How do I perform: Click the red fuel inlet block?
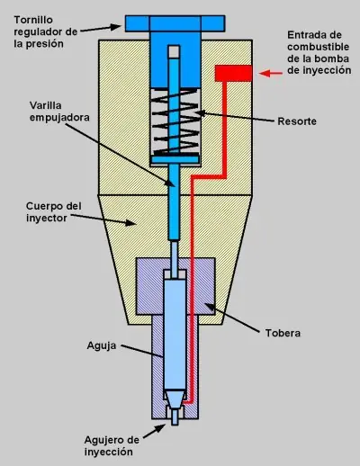[x=233, y=74]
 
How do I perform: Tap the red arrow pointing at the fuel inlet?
[x=271, y=74]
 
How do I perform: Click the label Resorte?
[x=297, y=121]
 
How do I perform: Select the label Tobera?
[x=283, y=333]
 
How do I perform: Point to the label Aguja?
[x=102, y=345]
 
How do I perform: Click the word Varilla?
[x=46, y=105]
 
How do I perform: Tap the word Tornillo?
[x=33, y=20]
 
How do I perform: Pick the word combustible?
[x=319, y=47]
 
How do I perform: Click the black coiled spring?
[x=175, y=122]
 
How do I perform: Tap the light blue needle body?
[x=175, y=335]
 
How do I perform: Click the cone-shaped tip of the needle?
[x=175, y=399]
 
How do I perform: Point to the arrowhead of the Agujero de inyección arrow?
[x=160, y=428]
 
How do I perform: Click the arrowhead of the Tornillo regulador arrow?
[x=115, y=27]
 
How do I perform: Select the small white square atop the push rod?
[x=174, y=51]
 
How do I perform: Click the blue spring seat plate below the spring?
[x=175, y=159]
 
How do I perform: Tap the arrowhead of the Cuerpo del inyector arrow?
[x=130, y=222]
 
